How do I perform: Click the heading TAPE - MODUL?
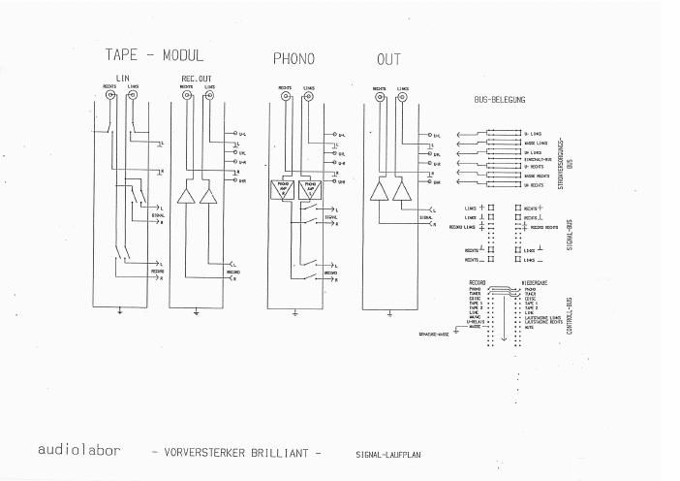[155, 56]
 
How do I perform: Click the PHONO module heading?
[293, 59]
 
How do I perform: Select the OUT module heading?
[388, 59]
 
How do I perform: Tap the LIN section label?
[122, 77]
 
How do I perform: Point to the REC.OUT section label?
[196, 77]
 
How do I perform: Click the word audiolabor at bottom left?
[77, 450]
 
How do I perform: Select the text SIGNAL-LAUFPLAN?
[388, 453]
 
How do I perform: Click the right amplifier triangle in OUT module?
[403, 190]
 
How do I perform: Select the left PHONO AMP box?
[284, 188]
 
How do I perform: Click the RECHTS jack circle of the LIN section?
[111, 97]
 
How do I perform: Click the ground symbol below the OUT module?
[388, 313]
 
